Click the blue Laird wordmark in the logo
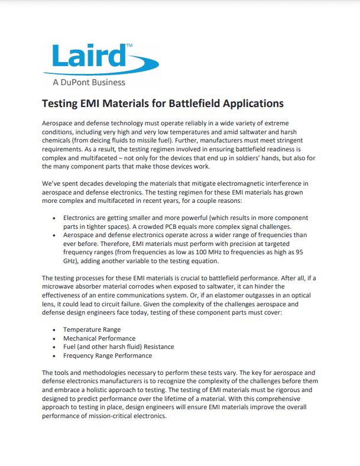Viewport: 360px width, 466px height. point(89,56)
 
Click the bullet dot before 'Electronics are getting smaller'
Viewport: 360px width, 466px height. point(55,218)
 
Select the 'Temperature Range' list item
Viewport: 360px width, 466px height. point(92,329)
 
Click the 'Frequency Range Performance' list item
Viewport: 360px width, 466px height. point(108,355)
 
